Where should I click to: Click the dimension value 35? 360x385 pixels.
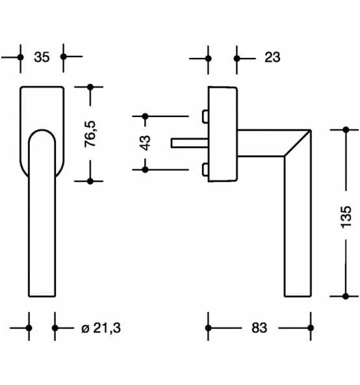(x=42, y=57)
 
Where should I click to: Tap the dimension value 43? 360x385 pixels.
(x=145, y=142)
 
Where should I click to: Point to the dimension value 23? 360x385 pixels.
(x=272, y=57)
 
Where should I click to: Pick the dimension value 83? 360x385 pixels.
(x=259, y=328)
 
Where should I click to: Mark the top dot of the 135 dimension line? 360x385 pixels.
(x=345, y=130)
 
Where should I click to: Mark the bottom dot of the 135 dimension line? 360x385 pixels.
(x=345, y=296)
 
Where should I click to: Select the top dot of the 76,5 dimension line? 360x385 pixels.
(x=90, y=86)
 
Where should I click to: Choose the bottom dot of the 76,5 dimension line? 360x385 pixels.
(x=90, y=181)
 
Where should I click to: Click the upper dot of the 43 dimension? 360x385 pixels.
(x=145, y=116)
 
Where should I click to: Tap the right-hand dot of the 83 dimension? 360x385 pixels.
(x=309, y=328)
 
